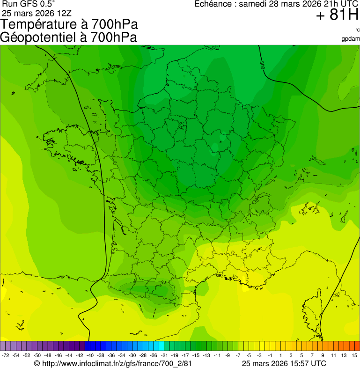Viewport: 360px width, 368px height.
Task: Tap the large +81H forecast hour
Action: click(337, 15)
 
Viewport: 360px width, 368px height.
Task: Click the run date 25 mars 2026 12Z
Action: click(37, 13)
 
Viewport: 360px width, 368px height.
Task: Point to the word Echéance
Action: click(215, 4)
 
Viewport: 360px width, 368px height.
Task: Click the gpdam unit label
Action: click(351, 38)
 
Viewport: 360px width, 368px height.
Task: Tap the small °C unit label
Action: click(357, 30)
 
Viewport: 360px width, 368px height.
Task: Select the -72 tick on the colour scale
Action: click(6, 356)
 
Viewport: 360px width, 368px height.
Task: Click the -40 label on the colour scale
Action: click(90, 356)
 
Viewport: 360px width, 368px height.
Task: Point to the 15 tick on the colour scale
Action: click(355, 356)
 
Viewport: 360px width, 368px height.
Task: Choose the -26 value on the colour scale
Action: click(154, 356)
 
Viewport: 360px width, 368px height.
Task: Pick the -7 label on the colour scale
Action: click(238, 356)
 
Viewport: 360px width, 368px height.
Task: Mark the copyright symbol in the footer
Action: click(37, 363)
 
